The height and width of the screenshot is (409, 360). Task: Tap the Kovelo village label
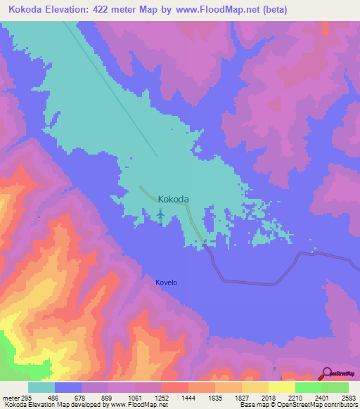pos(167,283)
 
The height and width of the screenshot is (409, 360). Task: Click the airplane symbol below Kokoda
pos(160,213)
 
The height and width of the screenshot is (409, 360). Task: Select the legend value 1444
pos(188,397)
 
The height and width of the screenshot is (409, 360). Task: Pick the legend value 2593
pos(347,397)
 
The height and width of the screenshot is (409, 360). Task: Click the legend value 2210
pos(294,397)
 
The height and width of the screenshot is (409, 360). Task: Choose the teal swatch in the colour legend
pos(41,387)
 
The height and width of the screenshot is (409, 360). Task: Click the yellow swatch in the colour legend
pos(281,387)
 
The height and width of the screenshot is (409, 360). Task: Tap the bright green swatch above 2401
pos(308,387)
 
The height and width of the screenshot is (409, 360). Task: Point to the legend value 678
pos(81,397)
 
